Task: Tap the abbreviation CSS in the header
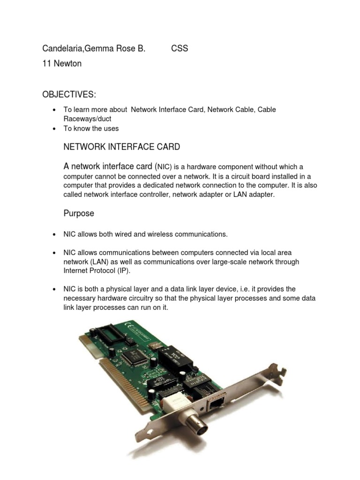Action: point(180,49)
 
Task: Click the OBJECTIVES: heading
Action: point(69,95)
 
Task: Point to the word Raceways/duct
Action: point(87,119)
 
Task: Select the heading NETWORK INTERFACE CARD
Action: point(121,147)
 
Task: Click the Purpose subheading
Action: point(79,214)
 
